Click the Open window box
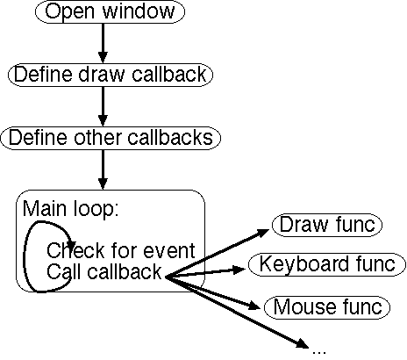pos(110,11)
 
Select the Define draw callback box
pos(111,75)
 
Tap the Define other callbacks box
pos(111,138)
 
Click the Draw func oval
pos(327,225)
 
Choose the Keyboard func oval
pos(327,264)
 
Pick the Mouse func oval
pos(327,307)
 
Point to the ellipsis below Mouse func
pos(319,351)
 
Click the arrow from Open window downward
pos(103,43)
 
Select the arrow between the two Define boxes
pos(103,106)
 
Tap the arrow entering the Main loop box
pos(103,170)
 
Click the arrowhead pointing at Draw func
pos(261,233)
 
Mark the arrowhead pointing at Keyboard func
pos(239,270)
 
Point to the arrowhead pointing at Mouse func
pos(253,306)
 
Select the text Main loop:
pos(70,208)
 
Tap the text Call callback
pos(104,271)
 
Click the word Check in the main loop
pos(75,250)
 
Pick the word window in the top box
pos(139,11)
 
